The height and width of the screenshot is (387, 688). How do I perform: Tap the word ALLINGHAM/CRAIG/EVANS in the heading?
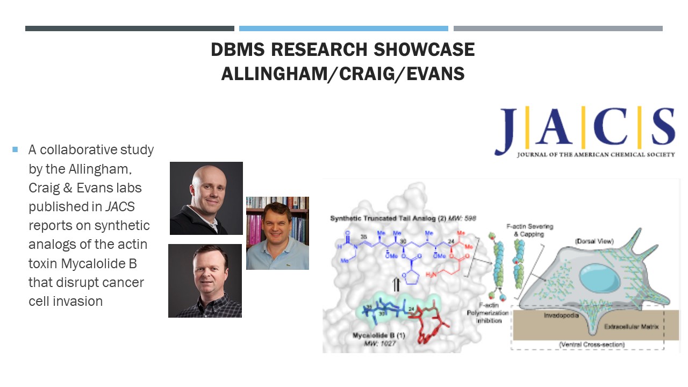tap(343, 74)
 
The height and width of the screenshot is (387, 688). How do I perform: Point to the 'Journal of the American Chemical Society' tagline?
tap(596, 155)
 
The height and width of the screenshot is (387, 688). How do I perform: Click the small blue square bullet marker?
tap(15, 149)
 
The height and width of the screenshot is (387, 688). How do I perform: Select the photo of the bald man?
tap(206, 198)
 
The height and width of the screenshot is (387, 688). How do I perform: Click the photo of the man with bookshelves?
tap(277, 233)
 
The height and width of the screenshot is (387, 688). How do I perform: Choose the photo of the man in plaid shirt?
tap(205, 281)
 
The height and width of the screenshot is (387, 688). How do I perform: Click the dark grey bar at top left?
tap(130, 28)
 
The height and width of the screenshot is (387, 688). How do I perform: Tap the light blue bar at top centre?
tap(343, 28)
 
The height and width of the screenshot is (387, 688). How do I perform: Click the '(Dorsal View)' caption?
tap(594, 241)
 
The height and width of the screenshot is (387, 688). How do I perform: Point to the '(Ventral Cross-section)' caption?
tap(589, 344)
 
